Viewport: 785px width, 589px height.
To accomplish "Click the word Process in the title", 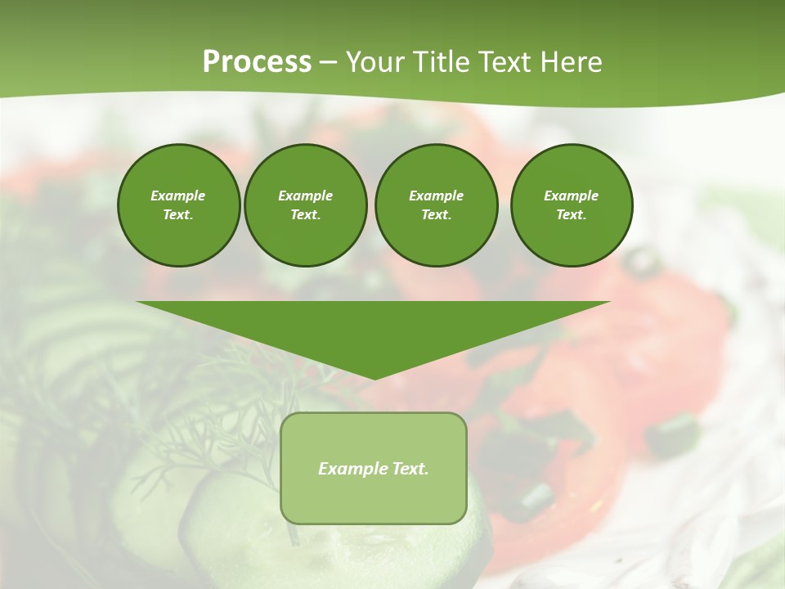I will (x=257, y=62).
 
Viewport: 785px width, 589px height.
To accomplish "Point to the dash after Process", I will (x=329, y=63).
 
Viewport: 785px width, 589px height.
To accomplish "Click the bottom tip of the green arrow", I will (x=374, y=377).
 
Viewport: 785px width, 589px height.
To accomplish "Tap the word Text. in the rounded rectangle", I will (x=409, y=469).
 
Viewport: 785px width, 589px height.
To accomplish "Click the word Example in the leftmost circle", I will (x=178, y=196).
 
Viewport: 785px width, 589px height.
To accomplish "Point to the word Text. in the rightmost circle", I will (x=572, y=214).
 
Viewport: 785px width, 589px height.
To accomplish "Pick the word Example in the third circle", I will (x=436, y=196).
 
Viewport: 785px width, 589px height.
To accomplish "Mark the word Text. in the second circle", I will (x=305, y=214).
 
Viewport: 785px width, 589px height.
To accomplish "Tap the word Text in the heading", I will (x=501, y=62).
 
